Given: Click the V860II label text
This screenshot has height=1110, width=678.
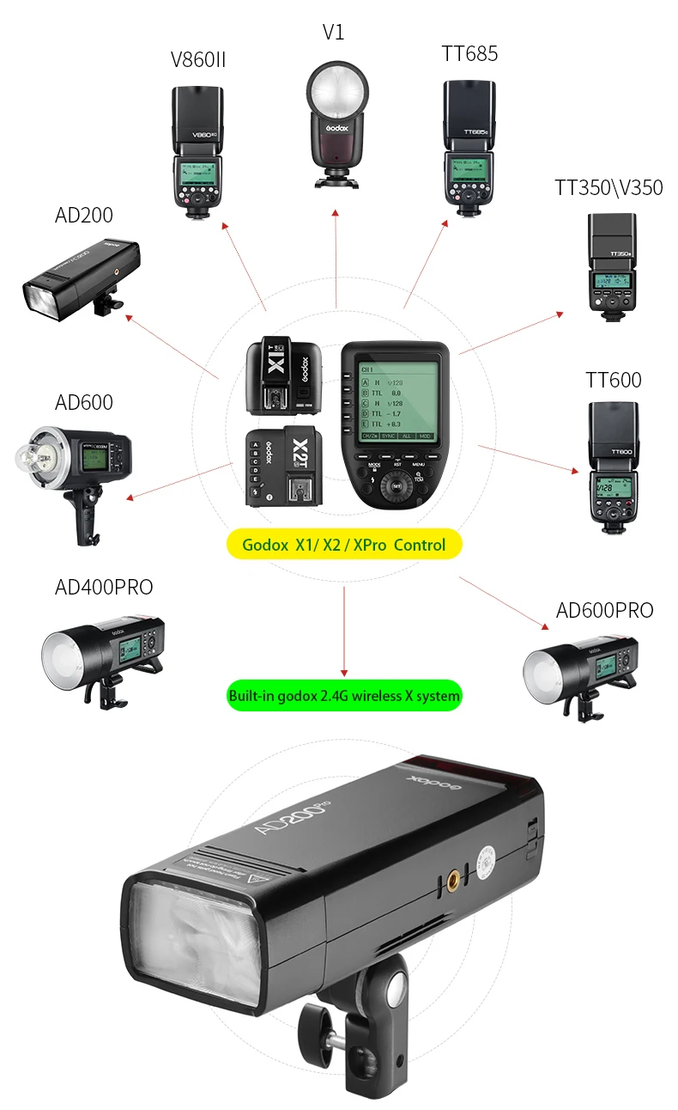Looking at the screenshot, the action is tap(198, 59).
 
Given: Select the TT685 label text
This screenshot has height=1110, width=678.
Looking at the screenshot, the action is tap(469, 54).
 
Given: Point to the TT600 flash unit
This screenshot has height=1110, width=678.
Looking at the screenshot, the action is tap(613, 460).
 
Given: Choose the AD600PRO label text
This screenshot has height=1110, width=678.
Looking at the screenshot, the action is tap(604, 611).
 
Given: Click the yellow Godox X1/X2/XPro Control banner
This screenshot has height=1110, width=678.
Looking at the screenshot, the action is tap(343, 545).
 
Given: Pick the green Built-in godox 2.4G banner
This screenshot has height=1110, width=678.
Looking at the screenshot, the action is tap(343, 695).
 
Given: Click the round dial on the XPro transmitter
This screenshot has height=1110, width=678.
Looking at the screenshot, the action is tap(397, 485).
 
